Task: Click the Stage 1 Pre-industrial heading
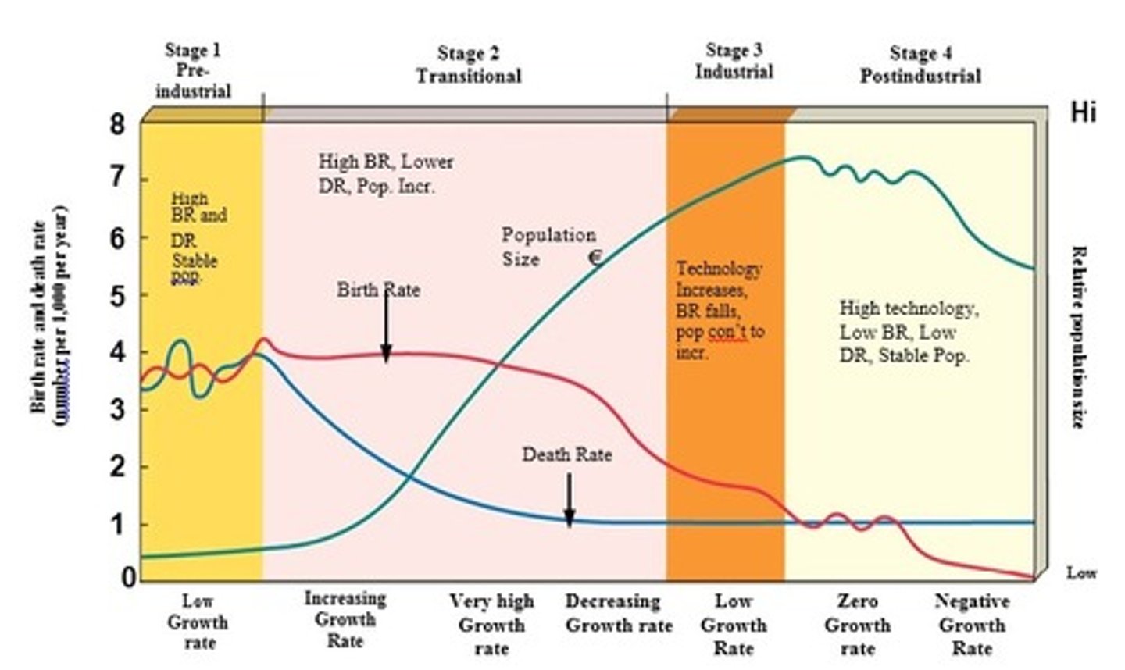click(193, 71)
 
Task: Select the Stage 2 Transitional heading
click(468, 65)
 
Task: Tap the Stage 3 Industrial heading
click(734, 61)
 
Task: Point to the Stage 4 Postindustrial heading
click(920, 65)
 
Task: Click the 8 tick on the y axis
click(116, 124)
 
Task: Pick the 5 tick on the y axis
click(116, 295)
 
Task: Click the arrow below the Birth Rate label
click(386, 328)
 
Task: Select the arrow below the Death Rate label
click(570, 500)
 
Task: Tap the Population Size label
click(548, 247)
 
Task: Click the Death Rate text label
click(566, 454)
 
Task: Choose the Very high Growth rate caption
click(491, 625)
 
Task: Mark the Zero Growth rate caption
click(857, 625)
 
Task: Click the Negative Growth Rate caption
click(972, 625)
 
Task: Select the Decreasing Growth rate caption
click(618, 613)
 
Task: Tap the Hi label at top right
click(1083, 112)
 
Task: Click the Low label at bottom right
click(1081, 573)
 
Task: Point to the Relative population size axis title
click(1077, 337)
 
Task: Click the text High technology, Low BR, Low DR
click(907, 332)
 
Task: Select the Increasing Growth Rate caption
click(345, 619)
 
